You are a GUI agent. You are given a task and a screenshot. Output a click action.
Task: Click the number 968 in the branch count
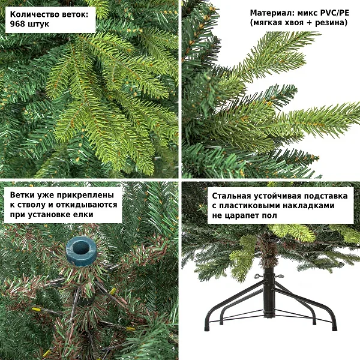[x=17, y=24]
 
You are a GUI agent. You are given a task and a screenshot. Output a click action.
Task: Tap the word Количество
[x=35, y=14]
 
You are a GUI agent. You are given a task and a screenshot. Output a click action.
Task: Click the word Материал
[x=269, y=13]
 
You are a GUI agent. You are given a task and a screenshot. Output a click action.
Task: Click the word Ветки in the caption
[x=22, y=195]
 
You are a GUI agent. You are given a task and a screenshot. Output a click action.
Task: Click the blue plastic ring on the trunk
[x=80, y=251]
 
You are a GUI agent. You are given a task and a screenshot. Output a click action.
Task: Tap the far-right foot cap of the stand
[x=335, y=328]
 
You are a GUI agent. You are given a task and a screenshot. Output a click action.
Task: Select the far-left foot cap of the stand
[x=208, y=328]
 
